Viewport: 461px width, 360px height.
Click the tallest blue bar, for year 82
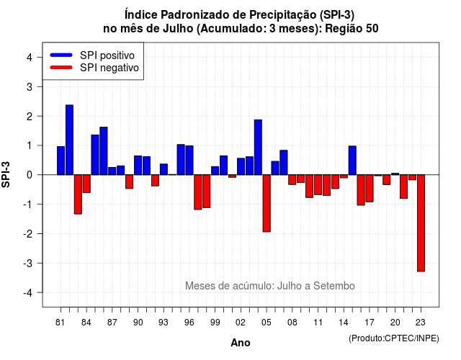pyautogui.click(x=69, y=140)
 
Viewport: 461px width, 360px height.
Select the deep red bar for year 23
pyautogui.click(x=421, y=223)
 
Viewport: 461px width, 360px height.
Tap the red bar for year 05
pyautogui.click(x=267, y=203)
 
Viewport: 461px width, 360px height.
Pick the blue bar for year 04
pyautogui.click(x=258, y=147)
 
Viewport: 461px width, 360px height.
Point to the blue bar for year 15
pyautogui.click(x=352, y=161)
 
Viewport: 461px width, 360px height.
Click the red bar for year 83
pyautogui.click(x=78, y=194)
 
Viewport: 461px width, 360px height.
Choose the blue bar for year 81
pyautogui.click(x=61, y=161)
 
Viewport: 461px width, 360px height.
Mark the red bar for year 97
pyautogui.click(x=198, y=192)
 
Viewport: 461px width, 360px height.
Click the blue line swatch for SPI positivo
pyautogui.click(x=61, y=55)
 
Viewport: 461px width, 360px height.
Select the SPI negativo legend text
pyautogui.click(x=109, y=68)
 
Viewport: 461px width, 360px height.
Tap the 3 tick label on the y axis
pyautogui.click(x=30, y=86)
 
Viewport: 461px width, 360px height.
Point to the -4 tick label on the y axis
pyautogui.click(x=28, y=293)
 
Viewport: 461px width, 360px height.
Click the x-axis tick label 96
pyautogui.click(x=189, y=323)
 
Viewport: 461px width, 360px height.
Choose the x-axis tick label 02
pyautogui.click(x=241, y=323)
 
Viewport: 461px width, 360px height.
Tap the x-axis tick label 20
pyautogui.click(x=395, y=323)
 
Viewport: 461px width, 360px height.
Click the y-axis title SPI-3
pyautogui.click(x=6, y=174)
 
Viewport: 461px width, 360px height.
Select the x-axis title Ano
pyautogui.click(x=241, y=343)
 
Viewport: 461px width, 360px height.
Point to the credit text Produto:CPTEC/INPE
pyautogui.click(x=394, y=338)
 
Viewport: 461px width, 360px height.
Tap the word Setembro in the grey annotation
pyautogui.click(x=334, y=286)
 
